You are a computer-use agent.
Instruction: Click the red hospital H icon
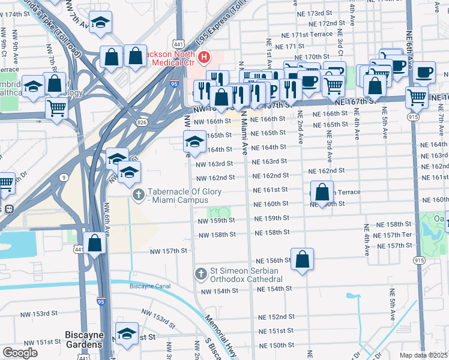[x=204, y=58]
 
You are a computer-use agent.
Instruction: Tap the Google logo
[x=20, y=353]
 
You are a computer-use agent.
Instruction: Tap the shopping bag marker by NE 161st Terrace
[x=322, y=193]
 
